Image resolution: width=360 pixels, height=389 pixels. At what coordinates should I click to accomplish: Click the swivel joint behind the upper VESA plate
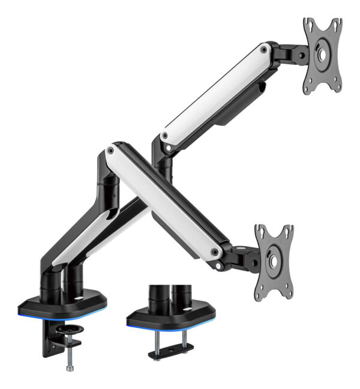(x=296, y=56)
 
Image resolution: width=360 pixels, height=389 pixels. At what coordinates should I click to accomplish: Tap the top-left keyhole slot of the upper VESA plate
(x=310, y=26)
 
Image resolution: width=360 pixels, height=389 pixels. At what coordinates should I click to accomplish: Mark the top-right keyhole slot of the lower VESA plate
(x=287, y=232)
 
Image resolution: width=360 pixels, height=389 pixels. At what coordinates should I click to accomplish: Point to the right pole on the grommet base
(x=180, y=298)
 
